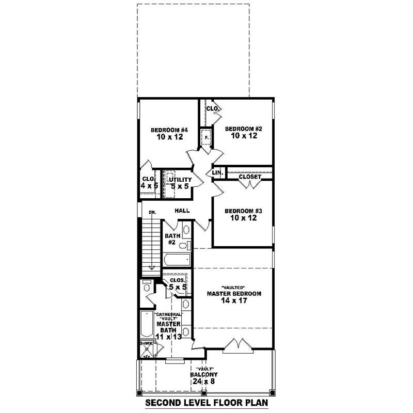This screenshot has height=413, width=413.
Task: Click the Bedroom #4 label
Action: click(x=168, y=130)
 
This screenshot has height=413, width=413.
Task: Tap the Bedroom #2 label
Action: click(x=241, y=129)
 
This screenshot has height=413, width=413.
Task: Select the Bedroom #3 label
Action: click(x=241, y=211)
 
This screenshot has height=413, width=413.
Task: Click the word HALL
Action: click(x=182, y=211)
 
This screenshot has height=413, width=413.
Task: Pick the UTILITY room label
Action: click(x=178, y=180)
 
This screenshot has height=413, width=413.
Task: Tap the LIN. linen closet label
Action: click(x=217, y=172)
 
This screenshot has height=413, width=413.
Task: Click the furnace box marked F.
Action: click(x=206, y=138)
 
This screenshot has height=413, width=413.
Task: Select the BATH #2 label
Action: click(x=171, y=239)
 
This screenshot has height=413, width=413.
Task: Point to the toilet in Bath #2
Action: click(x=189, y=245)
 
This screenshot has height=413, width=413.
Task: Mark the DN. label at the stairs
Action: click(x=152, y=212)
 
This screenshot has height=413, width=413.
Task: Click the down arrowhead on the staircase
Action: click(x=152, y=267)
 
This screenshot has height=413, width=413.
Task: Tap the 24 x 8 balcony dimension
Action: click(x=202, y=382)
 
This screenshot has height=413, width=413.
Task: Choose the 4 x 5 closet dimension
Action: click(x=149, y=186)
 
